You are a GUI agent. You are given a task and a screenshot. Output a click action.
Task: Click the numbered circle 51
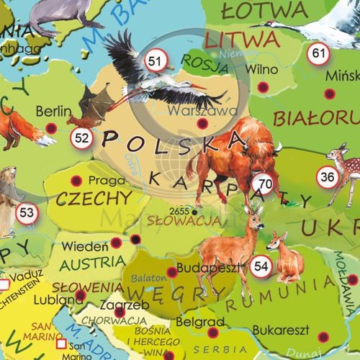(x=154, y=63)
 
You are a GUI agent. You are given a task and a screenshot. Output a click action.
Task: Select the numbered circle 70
(x=266, y=184)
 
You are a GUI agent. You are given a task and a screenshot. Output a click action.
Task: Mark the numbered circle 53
(x=27, y=212)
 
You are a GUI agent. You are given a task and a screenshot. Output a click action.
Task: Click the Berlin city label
(x=53, y=112)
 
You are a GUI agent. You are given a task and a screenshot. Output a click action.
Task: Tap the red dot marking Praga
(x=77, y=181)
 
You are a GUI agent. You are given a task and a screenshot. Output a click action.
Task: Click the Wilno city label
(x=261, y=70)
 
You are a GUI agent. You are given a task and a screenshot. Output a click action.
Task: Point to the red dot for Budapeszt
(x=171, y=272)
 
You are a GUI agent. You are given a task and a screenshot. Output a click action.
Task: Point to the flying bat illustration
(x=97, y=103)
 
